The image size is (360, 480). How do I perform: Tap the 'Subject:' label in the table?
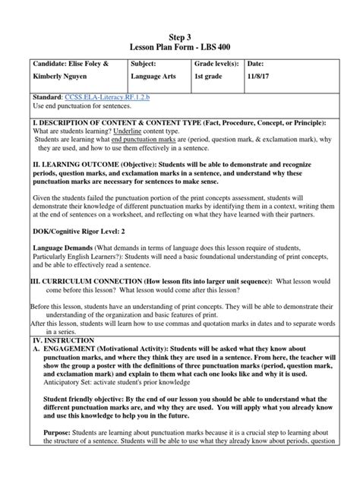[147, 64]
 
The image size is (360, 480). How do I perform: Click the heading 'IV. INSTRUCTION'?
[36, 343]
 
